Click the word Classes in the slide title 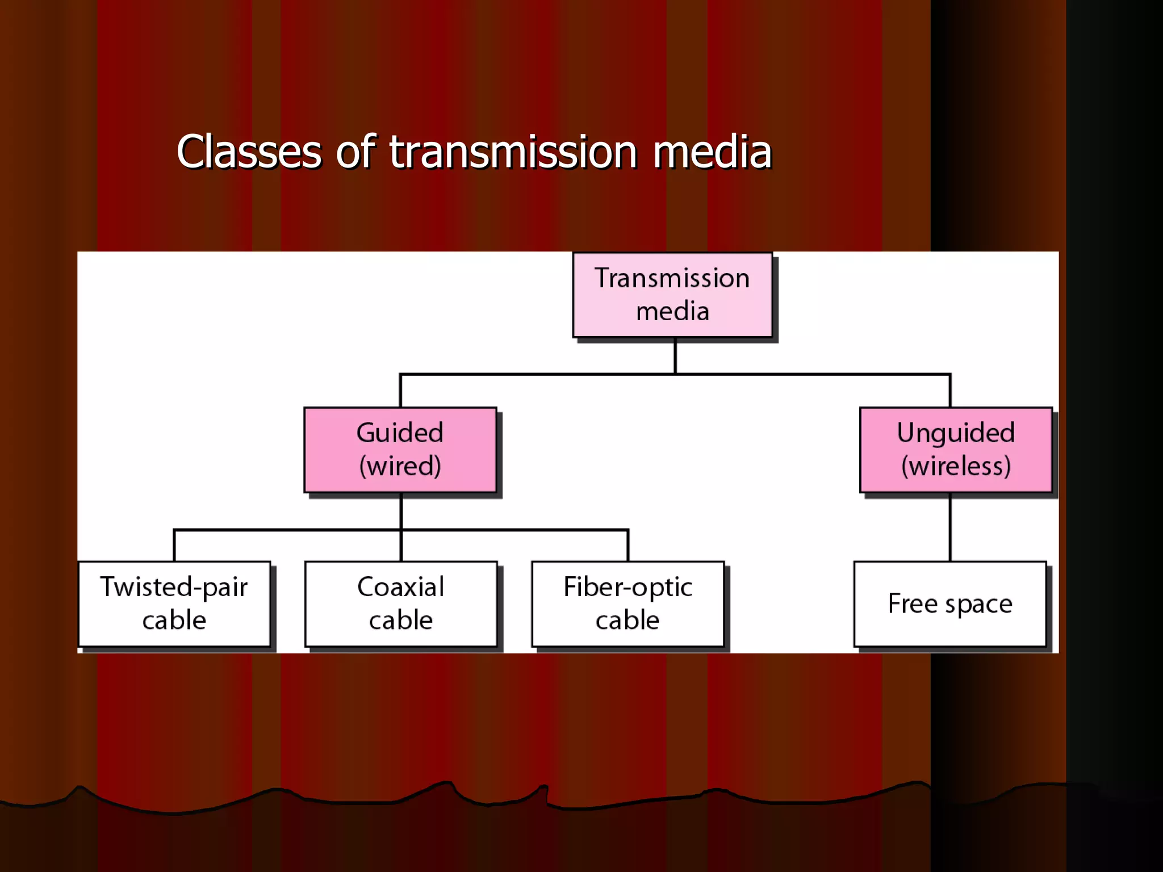249,152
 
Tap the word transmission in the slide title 513,152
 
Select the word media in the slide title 712,152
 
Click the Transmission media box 672,295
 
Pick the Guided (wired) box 400,450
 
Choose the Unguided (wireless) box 956,450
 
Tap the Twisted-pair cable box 174,603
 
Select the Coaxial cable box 400,603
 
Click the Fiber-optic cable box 627,603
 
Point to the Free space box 949,603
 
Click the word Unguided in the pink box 956,433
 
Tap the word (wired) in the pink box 400,466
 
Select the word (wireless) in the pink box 956,466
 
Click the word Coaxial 400,587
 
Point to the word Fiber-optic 627,587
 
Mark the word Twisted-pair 174,587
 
